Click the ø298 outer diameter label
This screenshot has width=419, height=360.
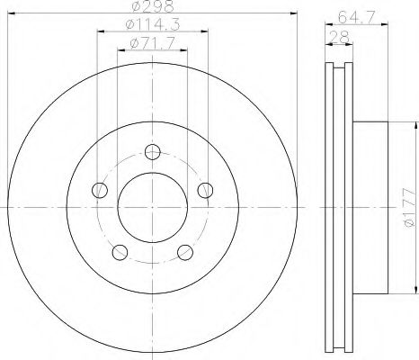[152, 8]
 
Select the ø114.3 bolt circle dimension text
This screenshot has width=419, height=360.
[152, 26]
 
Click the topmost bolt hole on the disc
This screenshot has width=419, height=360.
[153, 152]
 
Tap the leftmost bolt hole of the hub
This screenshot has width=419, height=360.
[99, 190]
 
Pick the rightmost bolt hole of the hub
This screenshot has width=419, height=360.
[206, 190]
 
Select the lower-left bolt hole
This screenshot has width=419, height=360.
[120, 252]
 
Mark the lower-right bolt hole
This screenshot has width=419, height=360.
[185, 252]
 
